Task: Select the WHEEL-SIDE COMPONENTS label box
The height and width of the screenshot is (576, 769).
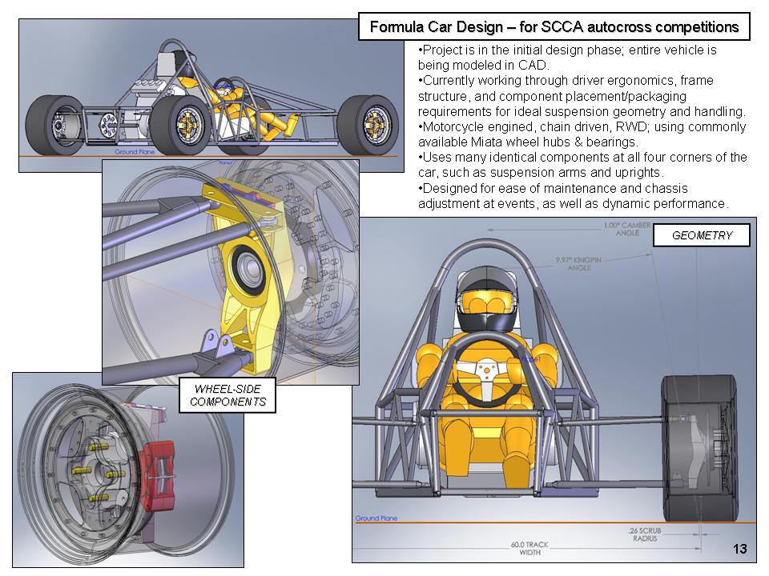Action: [x=227, y=395]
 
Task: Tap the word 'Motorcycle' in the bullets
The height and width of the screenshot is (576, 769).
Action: [x=453, y=127]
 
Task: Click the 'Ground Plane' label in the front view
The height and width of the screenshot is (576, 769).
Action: [x=372, y=518]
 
